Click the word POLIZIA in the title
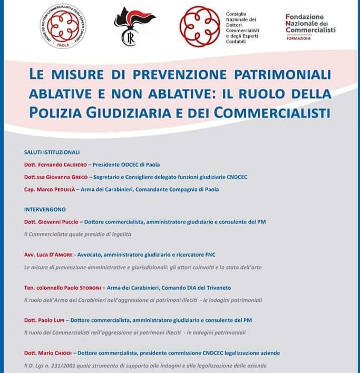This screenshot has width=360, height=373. coord(58,112)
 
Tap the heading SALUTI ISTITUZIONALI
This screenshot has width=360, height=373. coord(52,152)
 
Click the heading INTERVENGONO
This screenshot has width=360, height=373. coord(45,209)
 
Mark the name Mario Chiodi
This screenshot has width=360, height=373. coord(59,352)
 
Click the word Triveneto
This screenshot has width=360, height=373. coord(218,288)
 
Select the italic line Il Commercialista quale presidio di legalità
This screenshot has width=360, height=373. coord(77,233)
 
